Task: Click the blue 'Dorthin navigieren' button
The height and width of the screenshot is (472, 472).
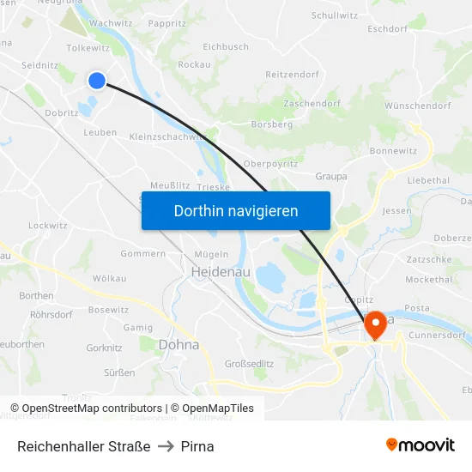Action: [x=235, y=210]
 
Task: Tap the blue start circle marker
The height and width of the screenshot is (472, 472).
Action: [x=97, y=80]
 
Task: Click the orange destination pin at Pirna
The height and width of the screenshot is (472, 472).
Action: [x=375, y=324]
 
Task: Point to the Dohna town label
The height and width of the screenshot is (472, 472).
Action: [x=179, y=344]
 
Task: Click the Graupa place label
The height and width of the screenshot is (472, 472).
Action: [x=331, y=177]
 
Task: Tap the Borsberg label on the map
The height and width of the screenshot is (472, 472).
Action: [x=272, y=124]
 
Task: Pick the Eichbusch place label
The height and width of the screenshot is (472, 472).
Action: [x=226, y=47]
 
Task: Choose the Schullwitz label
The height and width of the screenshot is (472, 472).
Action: [x=335, y=15]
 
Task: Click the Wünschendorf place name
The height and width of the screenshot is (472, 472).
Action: [x=418, y=106]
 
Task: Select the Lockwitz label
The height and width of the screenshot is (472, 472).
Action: [x=47, y=225]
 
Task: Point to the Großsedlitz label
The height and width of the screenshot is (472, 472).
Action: [x=249, y=363]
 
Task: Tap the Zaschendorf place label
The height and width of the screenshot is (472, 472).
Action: [x=312, y=103]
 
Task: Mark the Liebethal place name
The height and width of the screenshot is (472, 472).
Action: [x=428, y=181]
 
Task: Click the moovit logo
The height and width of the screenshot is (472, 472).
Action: [x=420, y=445]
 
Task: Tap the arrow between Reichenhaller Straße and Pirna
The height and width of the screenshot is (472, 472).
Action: [x=166, y=446]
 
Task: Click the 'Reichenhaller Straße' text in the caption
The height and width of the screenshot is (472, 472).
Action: [x=84, y=446]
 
